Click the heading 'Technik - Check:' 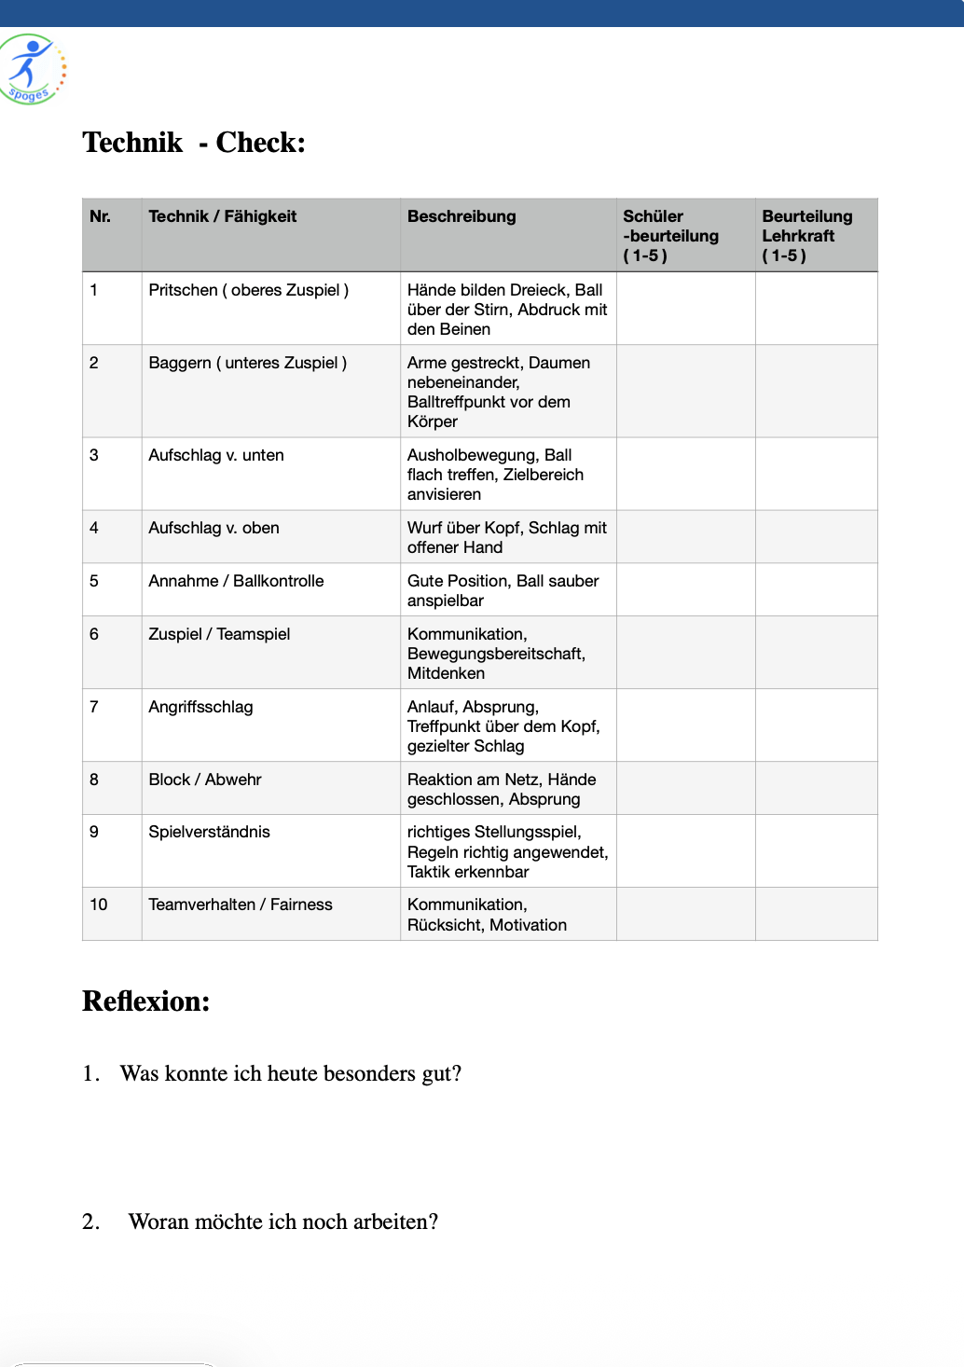click(x=194, y=143)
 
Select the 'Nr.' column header click(x=101, y=216)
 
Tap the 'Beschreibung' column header click(x=461, y=216)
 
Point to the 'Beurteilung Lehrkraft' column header click(x=806, y=235)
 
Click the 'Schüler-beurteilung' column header click(x=670, y=235)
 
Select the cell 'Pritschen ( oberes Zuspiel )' click(x=249, y=290)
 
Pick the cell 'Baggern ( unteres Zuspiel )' click(x=248, y=363)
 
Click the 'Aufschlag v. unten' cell click(x=216, y=455)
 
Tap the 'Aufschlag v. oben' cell click(x=214, y=528)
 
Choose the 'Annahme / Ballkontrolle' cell click(x=237, y=581)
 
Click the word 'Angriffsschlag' click(x=201, y=707)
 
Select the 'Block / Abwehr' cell click(x=205, y=780)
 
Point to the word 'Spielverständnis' click(x=210, y=832)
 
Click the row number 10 click(x=99, y=904)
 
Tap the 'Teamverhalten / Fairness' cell click(x=241, y=904)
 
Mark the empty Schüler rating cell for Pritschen click(x=685, y=309)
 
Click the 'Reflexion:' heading click(x=146, y=1001)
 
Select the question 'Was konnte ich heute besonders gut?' click(x=291, y=1073)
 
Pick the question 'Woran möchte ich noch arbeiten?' click(x=283, y=1222)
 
